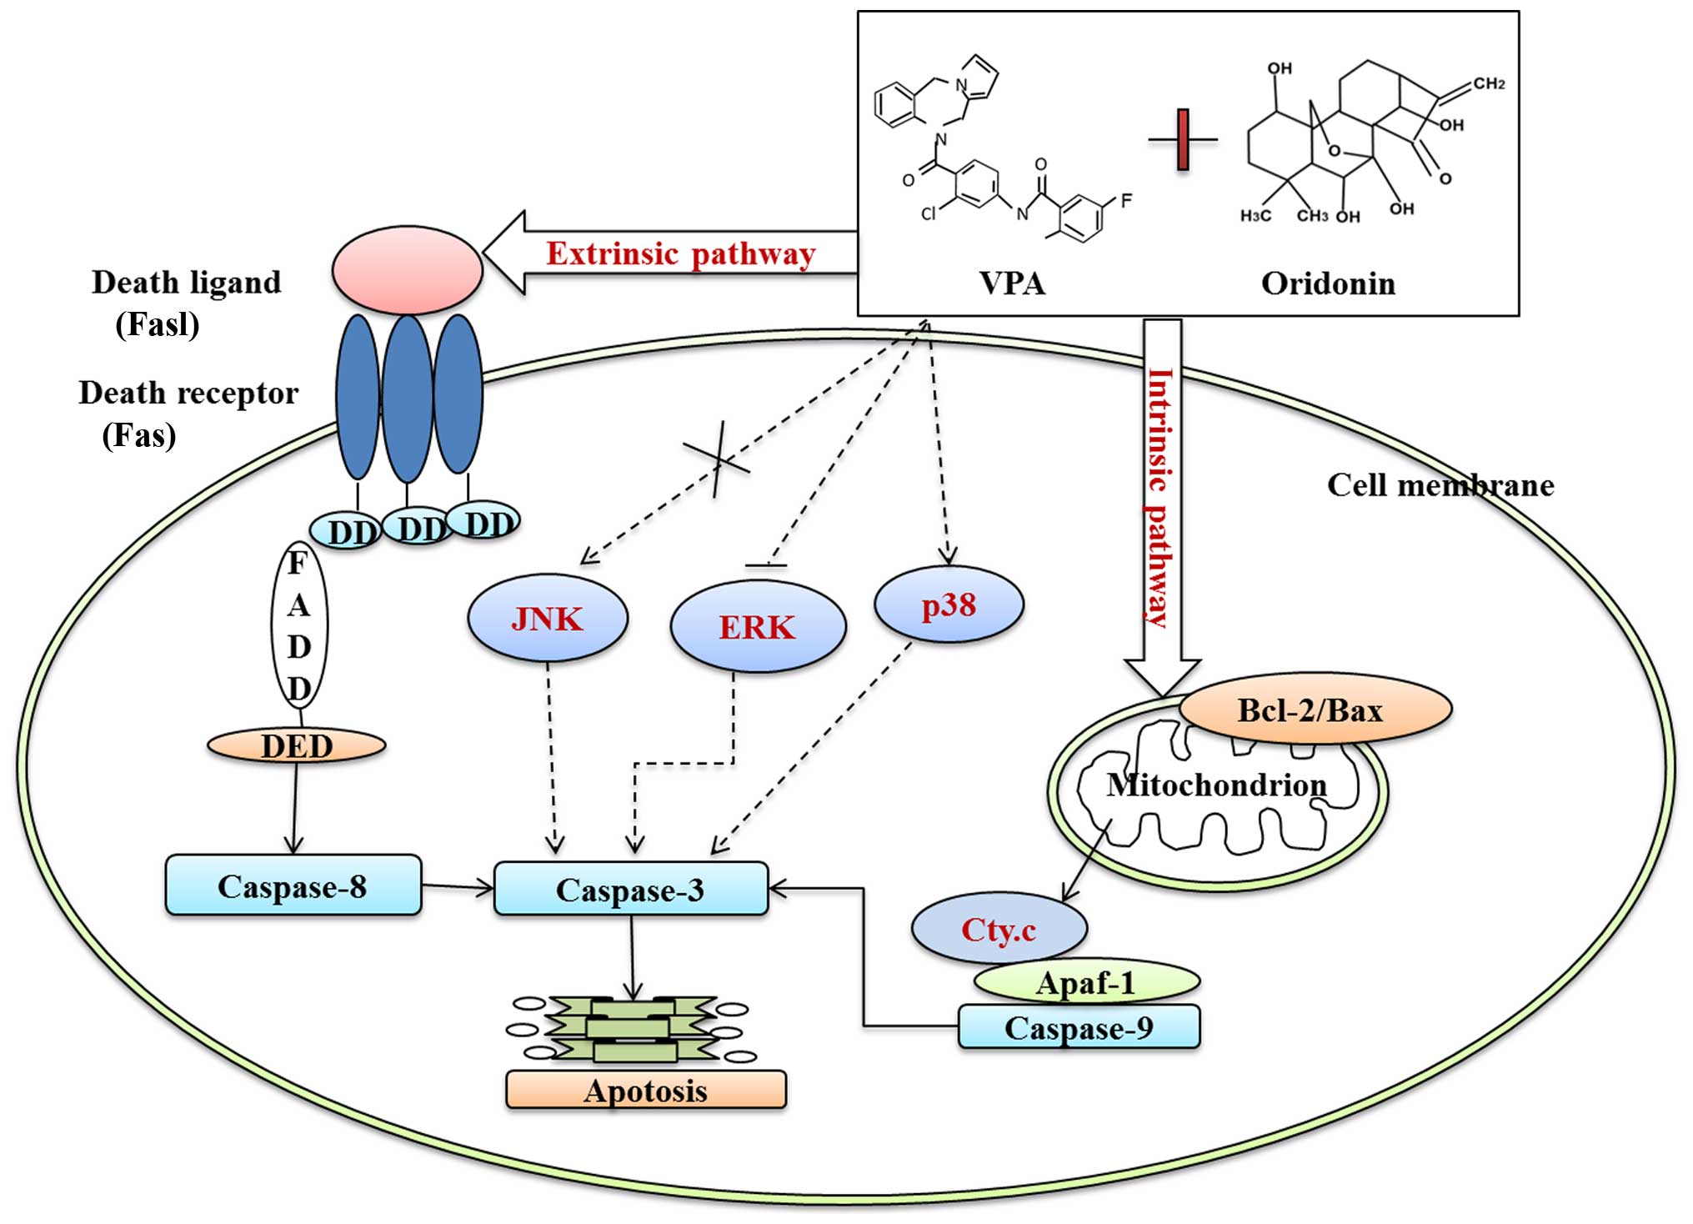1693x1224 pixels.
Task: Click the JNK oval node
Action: (x=548, y=619)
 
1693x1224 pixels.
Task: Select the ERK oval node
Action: (x=758, y=627)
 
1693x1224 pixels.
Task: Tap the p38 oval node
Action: (x=949, y=604)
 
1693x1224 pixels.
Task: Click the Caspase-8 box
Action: (x=293, y=885)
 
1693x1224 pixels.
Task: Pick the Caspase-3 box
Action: (x=630, y=889)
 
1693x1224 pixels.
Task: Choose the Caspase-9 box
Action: (x=1079, y=1027)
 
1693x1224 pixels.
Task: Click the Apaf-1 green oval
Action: (x=1085, y=982)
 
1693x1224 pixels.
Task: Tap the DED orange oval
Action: (x=297, y=745)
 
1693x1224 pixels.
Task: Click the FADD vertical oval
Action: (x=299, y=625)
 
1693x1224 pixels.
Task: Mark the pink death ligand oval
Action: (x=407, y=269)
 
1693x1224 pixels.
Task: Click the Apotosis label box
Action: (x=645, y=1090)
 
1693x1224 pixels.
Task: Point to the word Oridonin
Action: (x=1328, y=283)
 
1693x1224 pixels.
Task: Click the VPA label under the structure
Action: (x=1012, y=283)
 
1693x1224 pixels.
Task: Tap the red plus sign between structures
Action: (x=1182, y=139)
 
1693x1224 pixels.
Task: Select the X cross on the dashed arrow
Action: (x=717, y=459)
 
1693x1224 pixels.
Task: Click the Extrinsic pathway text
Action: (x=680, y=253)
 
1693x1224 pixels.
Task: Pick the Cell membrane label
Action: (x=1440, y=484)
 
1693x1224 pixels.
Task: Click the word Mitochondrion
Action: (x=1216, y=785)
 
